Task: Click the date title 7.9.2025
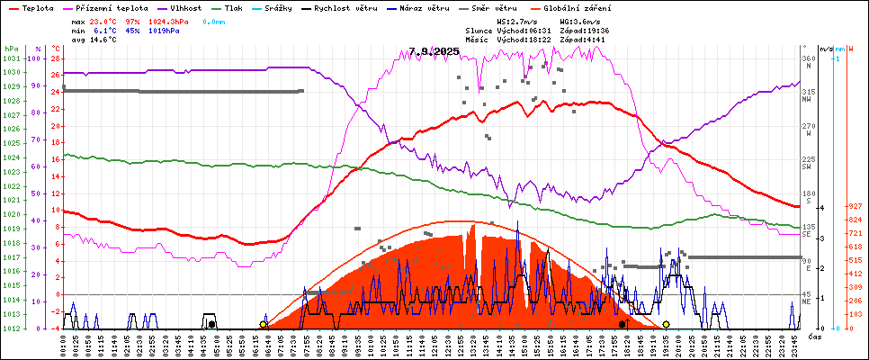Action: pos(434,51)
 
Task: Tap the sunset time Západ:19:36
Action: pos(585,30)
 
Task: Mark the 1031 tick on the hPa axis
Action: pos(11,58)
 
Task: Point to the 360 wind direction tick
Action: pos(808,58)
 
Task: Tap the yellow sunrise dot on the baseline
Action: pos(263,324)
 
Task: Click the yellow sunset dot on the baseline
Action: pos(666,324)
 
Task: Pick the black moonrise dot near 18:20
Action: pos(622,324)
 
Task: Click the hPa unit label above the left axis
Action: pos(11,49)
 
